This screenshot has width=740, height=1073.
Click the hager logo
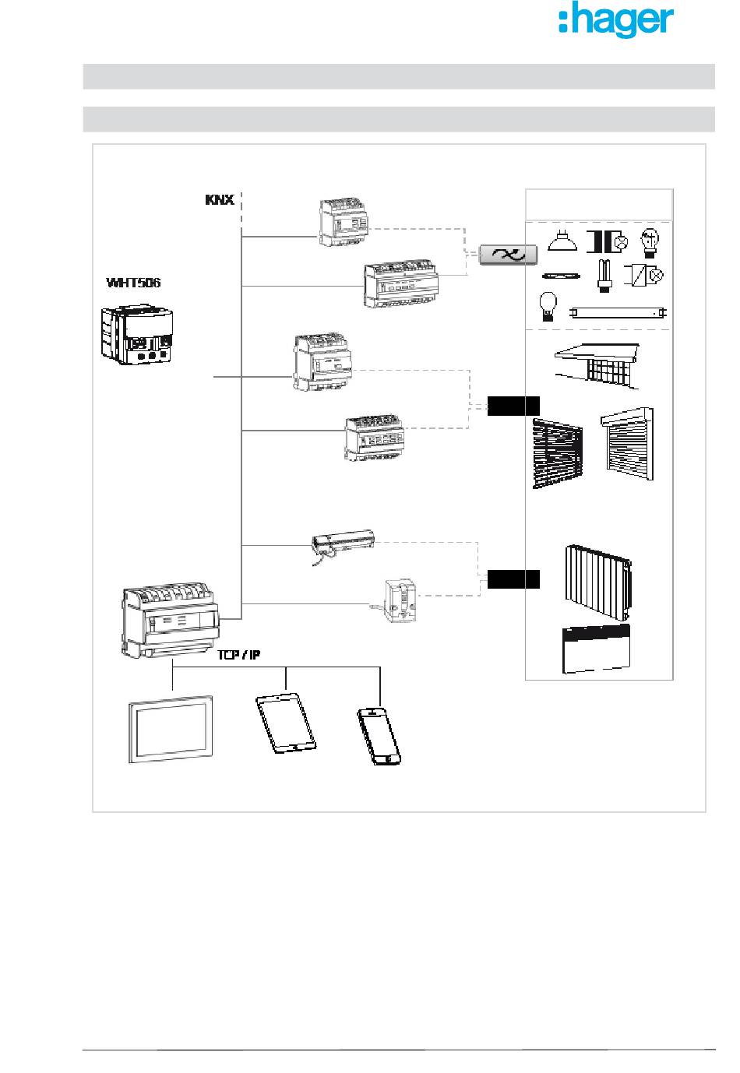pos(616,19)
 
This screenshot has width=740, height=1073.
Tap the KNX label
pos(220,199)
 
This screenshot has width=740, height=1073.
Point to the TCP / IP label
pos(238,654)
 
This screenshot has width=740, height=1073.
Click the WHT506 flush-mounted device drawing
pos(137,333)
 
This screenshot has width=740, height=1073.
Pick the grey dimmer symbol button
pos(508,255)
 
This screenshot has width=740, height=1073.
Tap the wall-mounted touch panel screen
pos(171,729)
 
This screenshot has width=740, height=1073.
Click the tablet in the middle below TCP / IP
pos(286,723)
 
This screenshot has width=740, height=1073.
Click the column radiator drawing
pos(598,582)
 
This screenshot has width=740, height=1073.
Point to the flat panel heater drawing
pos(596,649)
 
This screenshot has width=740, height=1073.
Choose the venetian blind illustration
pos(558,453)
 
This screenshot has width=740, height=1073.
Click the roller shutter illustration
pos(627,444)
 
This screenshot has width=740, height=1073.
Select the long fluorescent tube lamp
pos(618,313)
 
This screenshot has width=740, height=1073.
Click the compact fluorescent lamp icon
pos(604,276)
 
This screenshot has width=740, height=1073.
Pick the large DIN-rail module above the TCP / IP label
pos(171,621)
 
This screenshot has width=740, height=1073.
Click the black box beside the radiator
pos(513,579)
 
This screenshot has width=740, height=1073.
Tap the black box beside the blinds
pos(513,406)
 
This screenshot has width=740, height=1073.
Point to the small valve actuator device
pos(400,600)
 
